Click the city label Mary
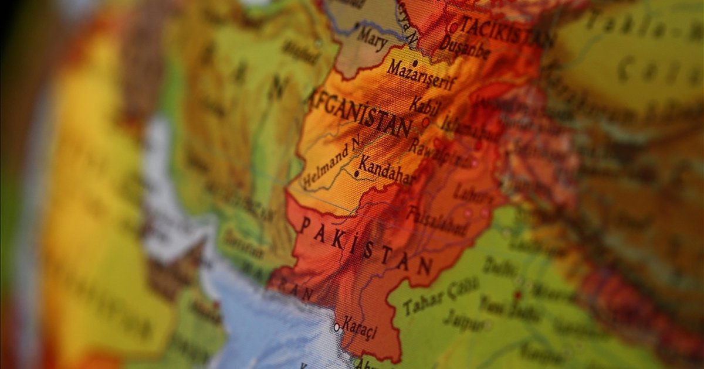[x=372, y=39]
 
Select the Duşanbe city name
[x=464, y=46]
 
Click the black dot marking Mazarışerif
[x=415, y=63]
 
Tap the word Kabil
[x=424, y=106]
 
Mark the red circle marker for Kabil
[x=425, y=122]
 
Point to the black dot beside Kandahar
[x=356, y=173]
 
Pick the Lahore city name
[x=473, y=193]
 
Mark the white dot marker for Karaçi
[x=337, y=327]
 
